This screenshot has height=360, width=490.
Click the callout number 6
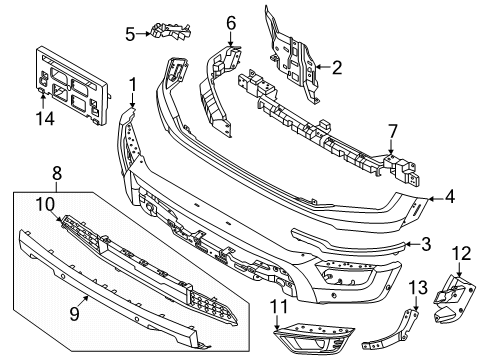(230, 21)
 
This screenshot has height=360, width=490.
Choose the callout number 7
(392, 129)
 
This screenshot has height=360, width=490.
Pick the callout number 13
(417, 288)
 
